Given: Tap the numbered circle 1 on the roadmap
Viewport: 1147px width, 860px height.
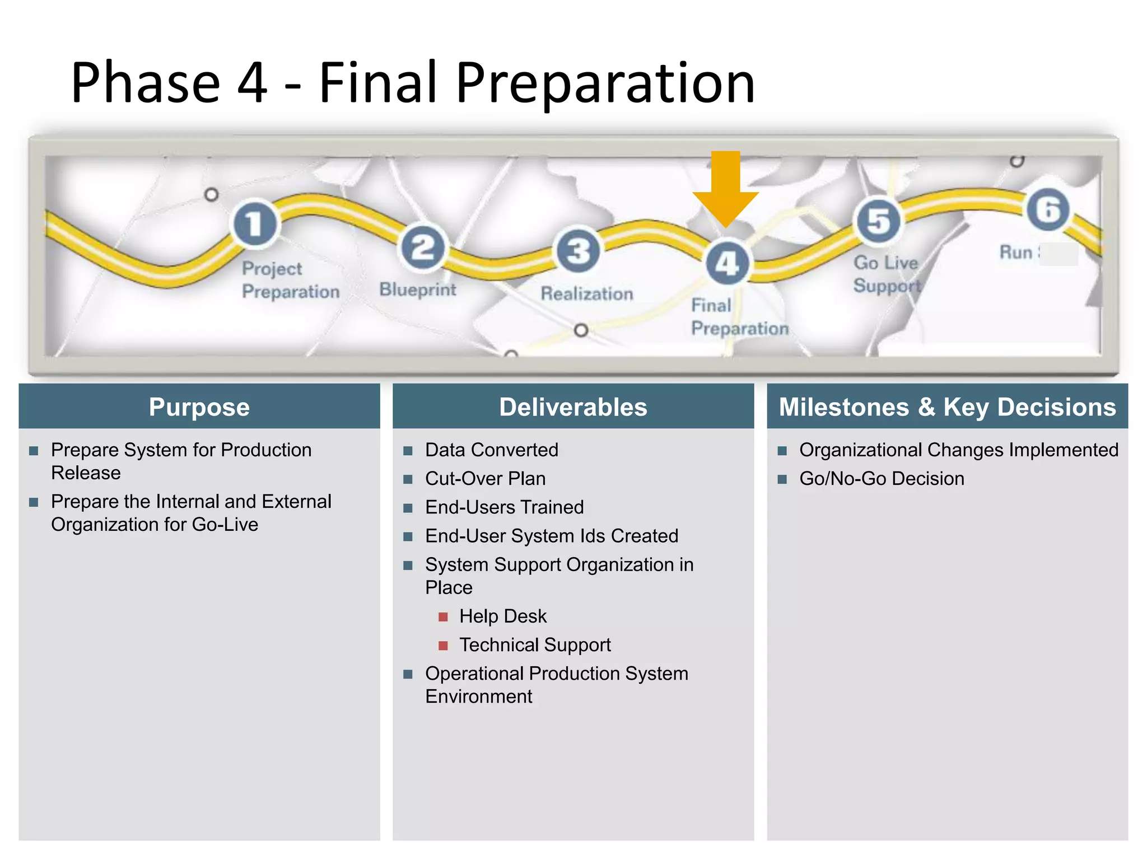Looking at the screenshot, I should [x=255, y=223].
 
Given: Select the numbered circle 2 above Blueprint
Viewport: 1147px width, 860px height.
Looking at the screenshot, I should [x=423, y=247].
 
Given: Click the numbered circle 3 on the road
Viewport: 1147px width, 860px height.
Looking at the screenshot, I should [x=578, y=250].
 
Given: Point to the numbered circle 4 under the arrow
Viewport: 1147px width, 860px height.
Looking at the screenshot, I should [x=727, y=263].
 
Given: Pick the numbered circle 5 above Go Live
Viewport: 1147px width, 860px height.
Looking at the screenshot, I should [x=879, y=221].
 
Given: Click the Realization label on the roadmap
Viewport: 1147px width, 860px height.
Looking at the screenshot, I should [x=586, y=293].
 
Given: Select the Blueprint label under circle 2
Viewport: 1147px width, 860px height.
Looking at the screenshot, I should [x=417, y=289].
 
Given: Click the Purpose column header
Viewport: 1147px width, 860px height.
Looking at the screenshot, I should [x=199, y=407].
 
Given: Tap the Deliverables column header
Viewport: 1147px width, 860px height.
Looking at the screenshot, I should [x=573, y=407].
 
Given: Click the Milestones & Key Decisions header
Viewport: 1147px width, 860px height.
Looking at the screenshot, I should [x=947, y=407].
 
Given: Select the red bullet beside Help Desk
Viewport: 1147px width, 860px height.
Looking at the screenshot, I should [x=443, y=617].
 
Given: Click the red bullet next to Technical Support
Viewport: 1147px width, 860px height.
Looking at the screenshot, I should [x=443, y=646].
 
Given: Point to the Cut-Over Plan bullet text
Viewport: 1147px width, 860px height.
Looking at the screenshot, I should [x=485, y=479].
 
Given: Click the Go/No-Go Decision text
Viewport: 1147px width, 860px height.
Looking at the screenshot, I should [x=882, y=479].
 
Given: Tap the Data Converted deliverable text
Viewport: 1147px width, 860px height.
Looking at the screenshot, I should [x=491, y=450].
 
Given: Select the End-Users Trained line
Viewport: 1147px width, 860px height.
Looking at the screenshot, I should [x=504, y=507].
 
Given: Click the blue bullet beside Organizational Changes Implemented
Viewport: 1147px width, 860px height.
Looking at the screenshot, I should [x=782, y=451].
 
